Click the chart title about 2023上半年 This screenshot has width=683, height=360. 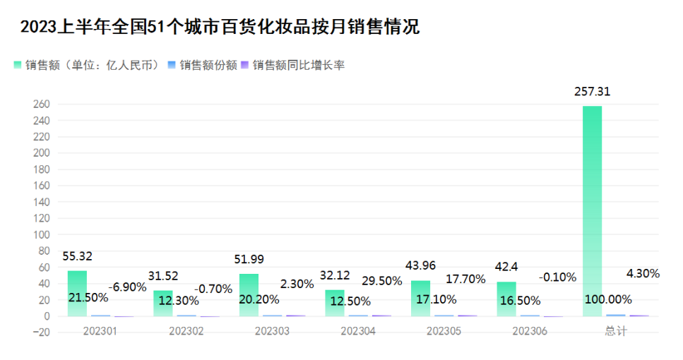pos(220,27)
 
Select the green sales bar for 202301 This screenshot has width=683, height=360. pos(78,293)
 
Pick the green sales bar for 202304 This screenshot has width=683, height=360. pos(335,303)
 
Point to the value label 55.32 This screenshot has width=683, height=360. pos(78,256)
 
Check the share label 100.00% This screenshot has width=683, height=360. pos(608,299)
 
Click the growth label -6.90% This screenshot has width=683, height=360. pos(128,287)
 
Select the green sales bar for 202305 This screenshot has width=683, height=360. pos(420,299)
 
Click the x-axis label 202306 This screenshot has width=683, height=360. pos(530,331)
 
